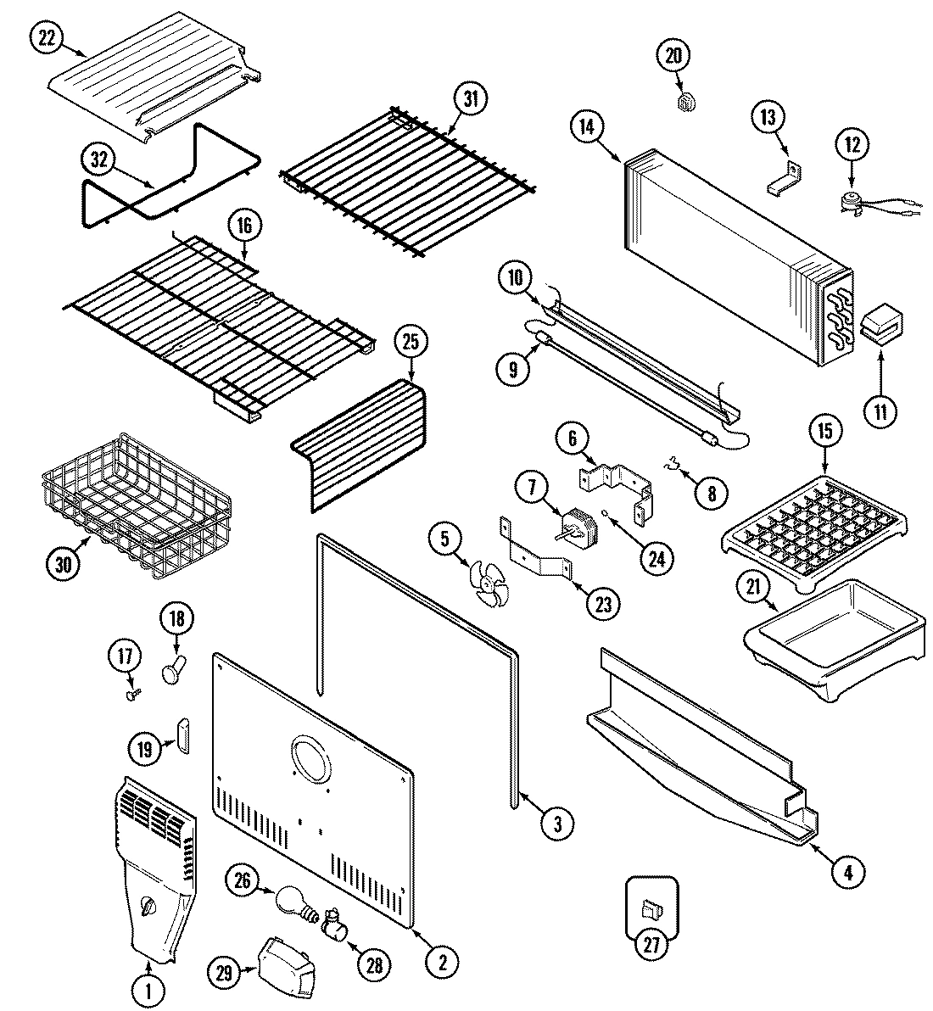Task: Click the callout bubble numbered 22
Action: coord(48,37)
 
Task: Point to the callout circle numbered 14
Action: coord(587,126)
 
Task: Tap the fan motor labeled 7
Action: coord(578,526)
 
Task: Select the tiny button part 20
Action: coord(688,102)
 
